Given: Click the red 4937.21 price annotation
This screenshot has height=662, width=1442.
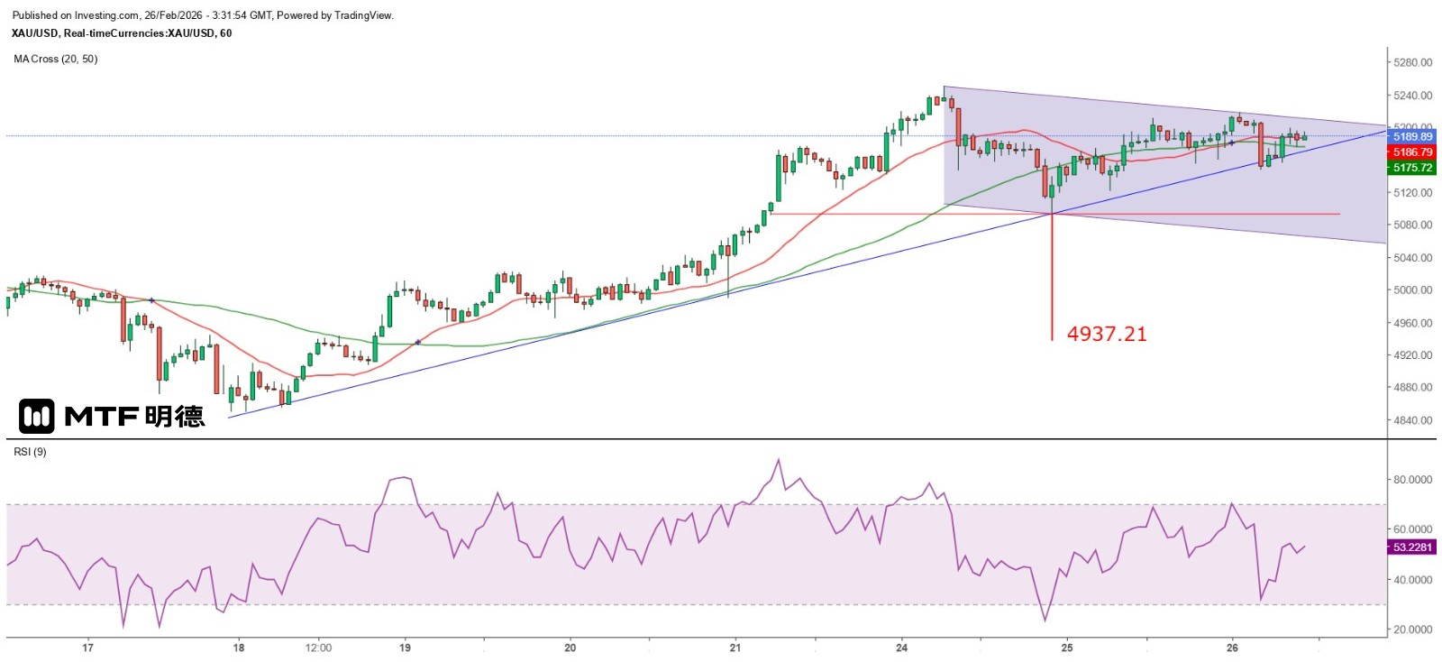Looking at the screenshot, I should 1107,334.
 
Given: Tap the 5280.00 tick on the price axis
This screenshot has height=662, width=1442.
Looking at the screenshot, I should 1412,62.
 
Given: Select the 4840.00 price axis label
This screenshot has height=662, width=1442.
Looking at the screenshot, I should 1412,420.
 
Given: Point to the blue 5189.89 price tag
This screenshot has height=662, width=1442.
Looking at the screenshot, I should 1412,137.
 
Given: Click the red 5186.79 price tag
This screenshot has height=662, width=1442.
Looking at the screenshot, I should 1412,152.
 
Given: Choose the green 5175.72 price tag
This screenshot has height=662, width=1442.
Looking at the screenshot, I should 1412,168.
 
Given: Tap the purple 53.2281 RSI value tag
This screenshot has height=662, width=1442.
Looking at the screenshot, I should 1412,547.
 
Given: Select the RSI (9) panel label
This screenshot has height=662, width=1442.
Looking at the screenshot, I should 30,452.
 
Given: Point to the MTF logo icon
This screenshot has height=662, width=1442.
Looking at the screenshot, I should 37,416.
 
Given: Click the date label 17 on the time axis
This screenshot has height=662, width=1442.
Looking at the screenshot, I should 87,648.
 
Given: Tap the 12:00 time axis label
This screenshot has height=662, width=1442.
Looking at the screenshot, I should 318,648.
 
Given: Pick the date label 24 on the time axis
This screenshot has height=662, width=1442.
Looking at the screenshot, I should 902,648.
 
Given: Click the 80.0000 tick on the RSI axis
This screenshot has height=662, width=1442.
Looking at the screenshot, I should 1413,480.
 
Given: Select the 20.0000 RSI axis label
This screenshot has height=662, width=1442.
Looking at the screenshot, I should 1413,630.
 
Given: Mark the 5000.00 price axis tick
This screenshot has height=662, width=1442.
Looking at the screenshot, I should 1412,290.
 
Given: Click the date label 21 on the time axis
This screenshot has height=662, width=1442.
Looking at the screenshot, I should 735,648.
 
